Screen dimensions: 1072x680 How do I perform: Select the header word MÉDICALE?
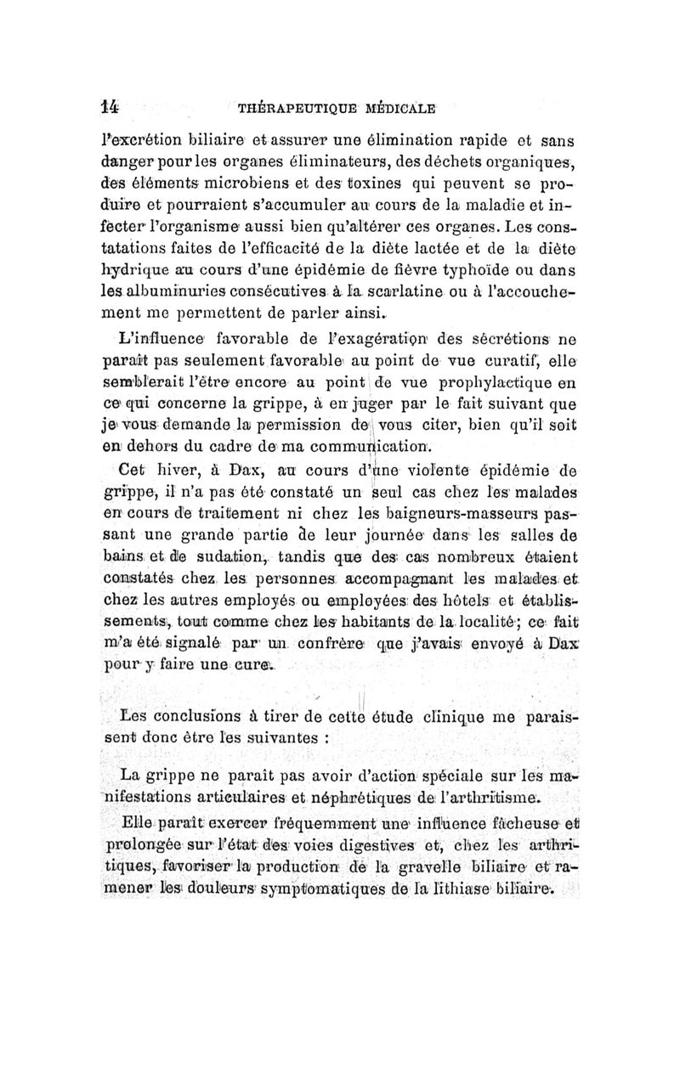(399, 108)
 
